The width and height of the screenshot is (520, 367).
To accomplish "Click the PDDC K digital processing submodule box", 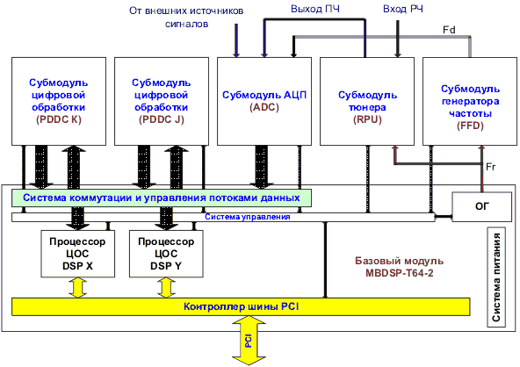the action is pyautogui.click(x=59, y=101).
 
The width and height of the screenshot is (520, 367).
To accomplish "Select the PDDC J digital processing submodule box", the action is pyautogui.click(x=162, y=101).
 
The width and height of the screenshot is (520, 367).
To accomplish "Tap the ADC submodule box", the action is pyautogui.click(x=264, y=101).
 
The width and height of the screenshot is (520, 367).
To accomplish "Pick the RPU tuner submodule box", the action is pyautogui.click(x=367, y=101).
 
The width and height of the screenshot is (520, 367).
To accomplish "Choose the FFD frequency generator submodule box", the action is pyautogui.click(x=470, y=101).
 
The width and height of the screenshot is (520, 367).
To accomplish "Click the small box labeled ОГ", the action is pyautogui.click(x=482, y=206).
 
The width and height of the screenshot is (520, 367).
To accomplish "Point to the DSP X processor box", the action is pyautogui.click(x=77, y=254).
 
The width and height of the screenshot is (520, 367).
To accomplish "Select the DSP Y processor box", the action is pyautogui.click(x=166, y=254).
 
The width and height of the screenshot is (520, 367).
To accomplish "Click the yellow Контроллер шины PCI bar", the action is pyautogui.click(x=241, y=306).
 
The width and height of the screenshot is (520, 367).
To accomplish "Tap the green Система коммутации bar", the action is pyautogui.click(x=162, y=198).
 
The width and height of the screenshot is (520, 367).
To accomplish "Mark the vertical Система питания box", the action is pyautogui.click(x=496, y=277).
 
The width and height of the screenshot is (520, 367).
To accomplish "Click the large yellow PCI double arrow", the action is pyautogui.click(x=249, y=341).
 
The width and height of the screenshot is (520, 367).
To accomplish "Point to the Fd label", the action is pyautogui.click(x=449, y=30).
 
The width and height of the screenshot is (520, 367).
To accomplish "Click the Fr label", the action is pyautogui.click(x=490, y=167).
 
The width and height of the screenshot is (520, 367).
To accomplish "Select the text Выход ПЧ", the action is pyautogui.click(x=315, y=9).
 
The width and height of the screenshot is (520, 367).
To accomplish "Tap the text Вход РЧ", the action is pyautogui.click(x=403, y=9).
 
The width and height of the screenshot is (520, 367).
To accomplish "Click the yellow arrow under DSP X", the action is pyautogui.click(x=77, y=287).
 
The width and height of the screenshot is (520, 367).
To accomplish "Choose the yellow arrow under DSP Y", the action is pyautogui.click(x=166, y=287).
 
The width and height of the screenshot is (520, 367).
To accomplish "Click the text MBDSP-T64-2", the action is pyautogui.click(x=400, y=273).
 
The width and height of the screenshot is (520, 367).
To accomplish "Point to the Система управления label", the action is pyautogui.click(x=248, y=217).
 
